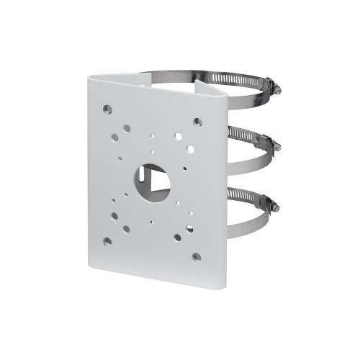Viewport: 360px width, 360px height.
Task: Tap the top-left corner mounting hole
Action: pyautogui.click(x=107, y=110)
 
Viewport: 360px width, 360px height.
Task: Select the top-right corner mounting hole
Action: pyautogui.click(x=197, y=122)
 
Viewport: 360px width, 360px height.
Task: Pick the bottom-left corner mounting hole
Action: pyautogui.click(x=107, y=241)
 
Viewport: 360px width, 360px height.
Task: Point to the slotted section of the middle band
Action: pyautogui.click(x=245, y=134)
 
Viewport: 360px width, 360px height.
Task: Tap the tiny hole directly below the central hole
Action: pyautogui.click(x=152, y=206)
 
